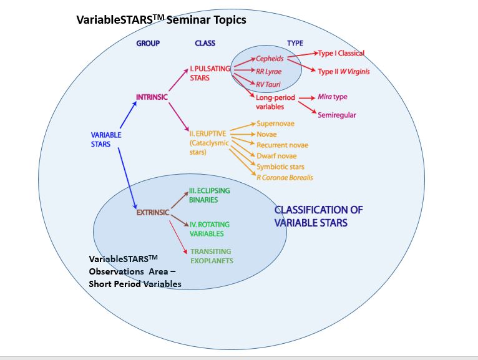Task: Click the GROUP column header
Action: (x=148, y=43)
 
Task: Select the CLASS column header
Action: (x=205, y=43)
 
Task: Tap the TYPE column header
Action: (x=295, y=43)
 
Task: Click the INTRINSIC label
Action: (x=152, y=97)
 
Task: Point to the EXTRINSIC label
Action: (x=153, y=213)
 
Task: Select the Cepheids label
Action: (x=270, y=59)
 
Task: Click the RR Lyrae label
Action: (x=268, y=72)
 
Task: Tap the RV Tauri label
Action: (x=268, y=84)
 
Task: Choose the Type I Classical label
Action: (x=341, y=53)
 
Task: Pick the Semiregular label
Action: (x=337, y=115)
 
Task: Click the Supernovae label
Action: (x=276, y=124)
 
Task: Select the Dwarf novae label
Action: (x=276, y=156)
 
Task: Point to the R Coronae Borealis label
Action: (x=285, y=178)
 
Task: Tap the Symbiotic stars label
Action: (x=280, y=167)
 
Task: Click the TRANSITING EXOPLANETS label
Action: (x=212, y=256)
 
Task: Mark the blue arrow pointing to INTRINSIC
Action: (x=128, y=115)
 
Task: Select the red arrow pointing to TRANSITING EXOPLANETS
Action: (x=178, y=237)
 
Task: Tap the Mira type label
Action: (x=332, y=97)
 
